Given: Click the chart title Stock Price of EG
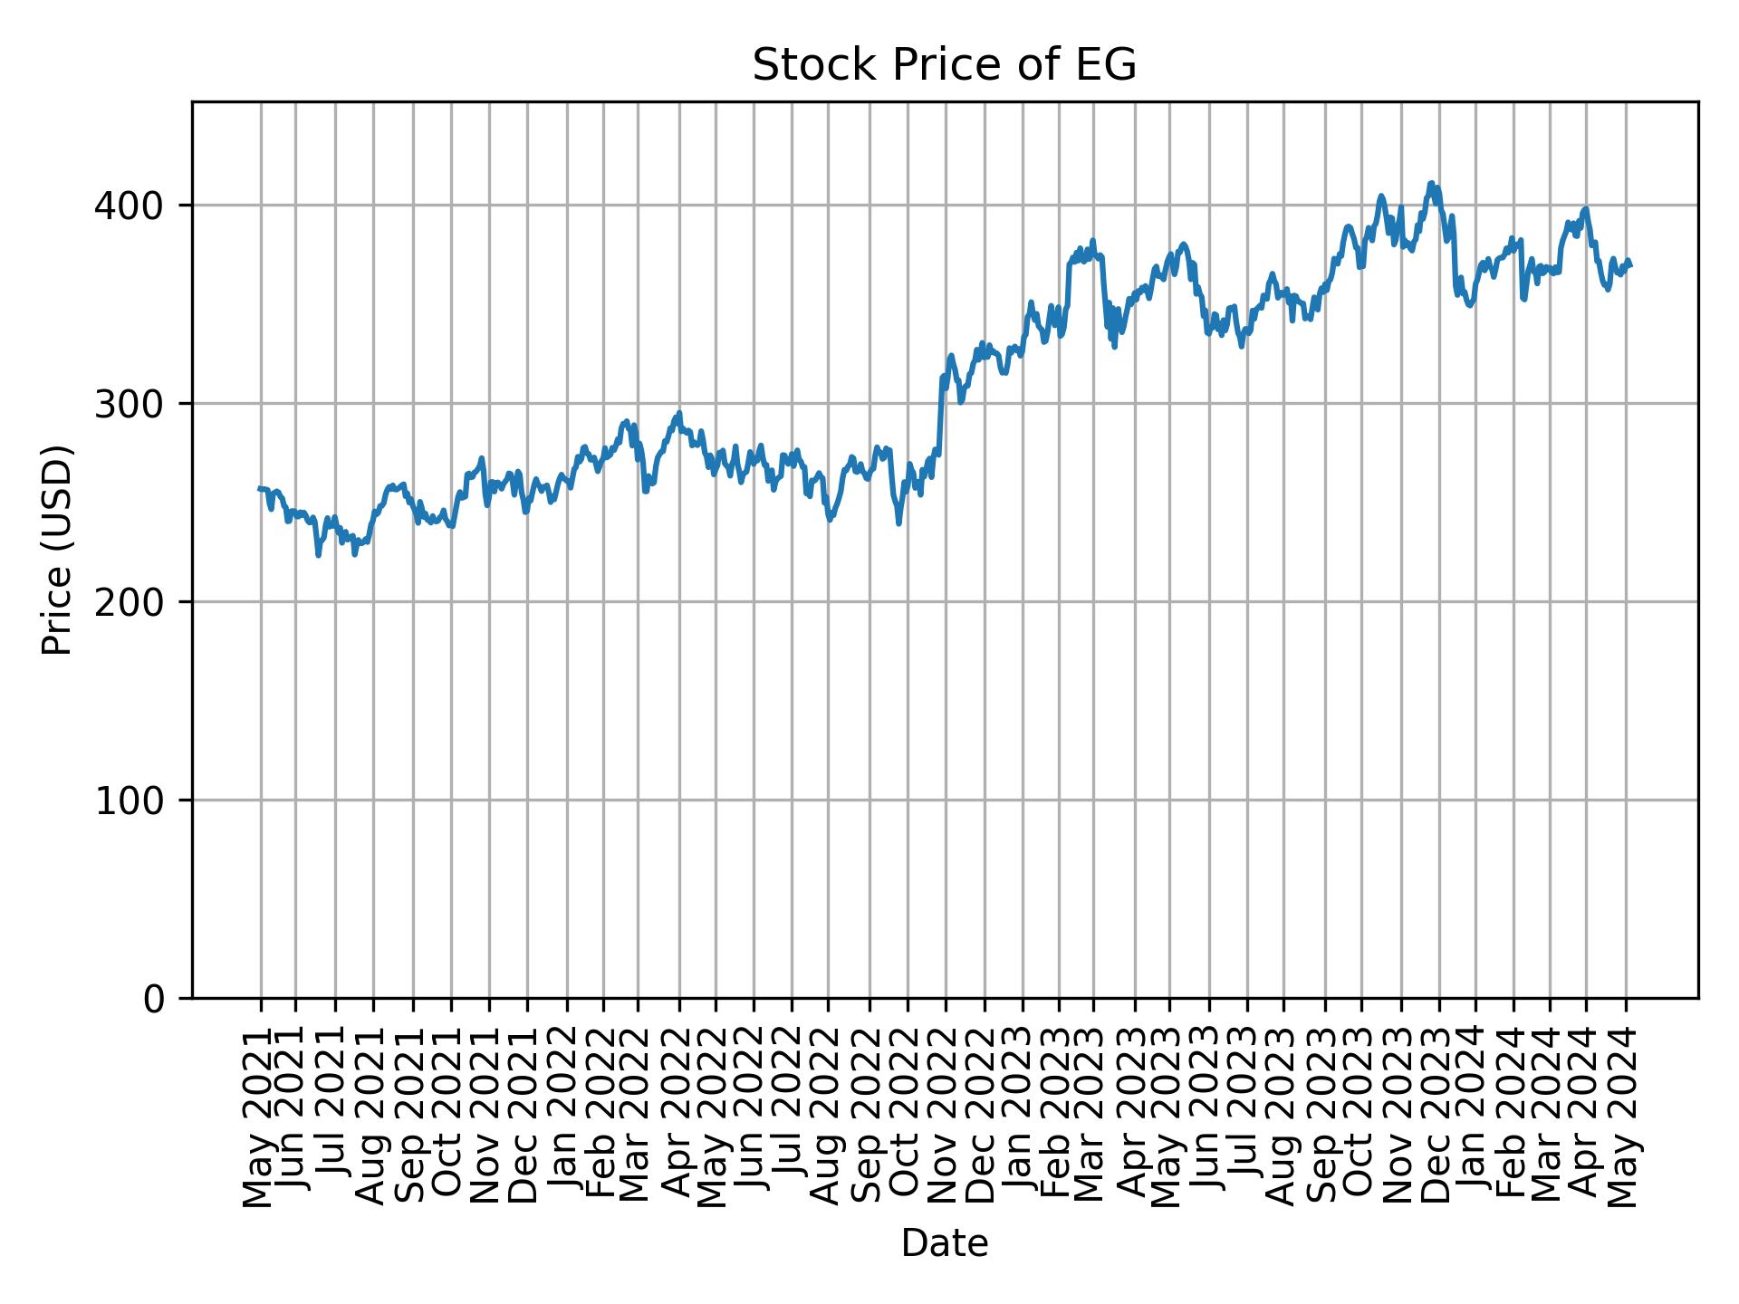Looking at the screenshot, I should [944, 65].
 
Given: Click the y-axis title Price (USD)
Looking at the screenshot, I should [57, 550].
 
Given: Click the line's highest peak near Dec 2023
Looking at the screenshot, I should [1430, 183].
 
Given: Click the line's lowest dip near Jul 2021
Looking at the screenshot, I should [318, 555].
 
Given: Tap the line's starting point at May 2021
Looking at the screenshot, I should [261, 488].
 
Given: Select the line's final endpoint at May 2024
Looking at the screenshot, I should [1630, 265].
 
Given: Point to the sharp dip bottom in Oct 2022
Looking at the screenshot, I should [898, 523].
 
